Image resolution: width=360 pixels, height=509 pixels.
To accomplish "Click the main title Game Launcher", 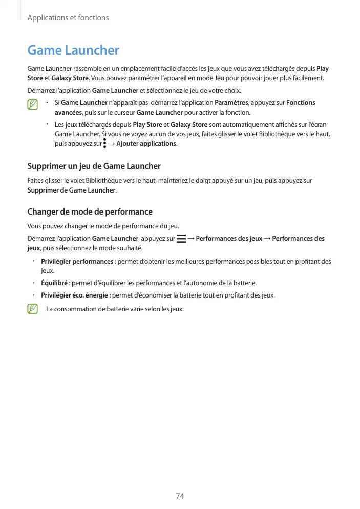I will coord(73,50).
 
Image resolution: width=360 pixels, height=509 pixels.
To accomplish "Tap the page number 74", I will coord(180,496).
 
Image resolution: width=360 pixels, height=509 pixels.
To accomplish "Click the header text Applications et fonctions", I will coord(68,18).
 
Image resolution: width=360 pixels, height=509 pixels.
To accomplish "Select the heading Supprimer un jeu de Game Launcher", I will coord(94,166).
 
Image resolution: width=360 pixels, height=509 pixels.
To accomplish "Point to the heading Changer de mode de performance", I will coord(90,211).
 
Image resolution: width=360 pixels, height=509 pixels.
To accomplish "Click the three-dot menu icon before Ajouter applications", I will coord(104,143).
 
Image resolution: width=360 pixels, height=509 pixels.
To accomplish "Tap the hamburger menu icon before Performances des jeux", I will coord(181,239).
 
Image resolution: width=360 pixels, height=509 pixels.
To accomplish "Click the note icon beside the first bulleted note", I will coord(33,105).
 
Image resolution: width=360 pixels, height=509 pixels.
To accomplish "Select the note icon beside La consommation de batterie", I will coord(33,309).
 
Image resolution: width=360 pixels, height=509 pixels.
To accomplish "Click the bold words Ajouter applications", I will coord(146,143).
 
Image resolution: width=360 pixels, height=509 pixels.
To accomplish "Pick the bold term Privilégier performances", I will coord(77,262).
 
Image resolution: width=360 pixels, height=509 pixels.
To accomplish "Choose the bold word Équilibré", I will coord(54,283).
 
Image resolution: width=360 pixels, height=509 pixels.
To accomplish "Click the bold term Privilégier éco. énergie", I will coord(75,295).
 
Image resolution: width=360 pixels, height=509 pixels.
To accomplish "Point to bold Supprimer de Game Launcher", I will coord(71,190).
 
